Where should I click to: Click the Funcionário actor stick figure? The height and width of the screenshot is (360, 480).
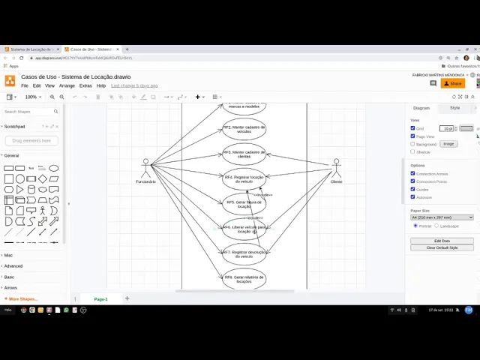tap(146, 168)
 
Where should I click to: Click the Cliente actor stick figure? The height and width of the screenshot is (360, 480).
tap(336, 168)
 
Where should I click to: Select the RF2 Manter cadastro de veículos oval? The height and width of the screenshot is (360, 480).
tap(244, 128)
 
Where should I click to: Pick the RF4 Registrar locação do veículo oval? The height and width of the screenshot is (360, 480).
tap(244, 178)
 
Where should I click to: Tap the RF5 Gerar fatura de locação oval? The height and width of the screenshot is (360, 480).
tap(244, 204)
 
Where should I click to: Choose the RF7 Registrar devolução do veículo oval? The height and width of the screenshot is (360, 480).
tap(244, 253)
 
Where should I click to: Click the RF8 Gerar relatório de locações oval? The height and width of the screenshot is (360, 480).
tap(244, 279)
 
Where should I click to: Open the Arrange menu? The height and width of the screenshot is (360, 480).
tap(67, 85)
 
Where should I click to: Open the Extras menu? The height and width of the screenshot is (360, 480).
tap(85, 85)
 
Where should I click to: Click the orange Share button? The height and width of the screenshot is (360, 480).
tap(453, 83)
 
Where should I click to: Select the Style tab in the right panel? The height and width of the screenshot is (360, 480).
tap(454, 108)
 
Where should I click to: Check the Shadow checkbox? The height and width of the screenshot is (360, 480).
tap(412, 151)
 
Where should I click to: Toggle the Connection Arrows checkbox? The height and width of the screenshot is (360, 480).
tap(412, 173)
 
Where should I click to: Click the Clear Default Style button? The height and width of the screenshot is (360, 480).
tap(442, 247)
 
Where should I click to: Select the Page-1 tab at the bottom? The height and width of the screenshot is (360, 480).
tap(100, 299)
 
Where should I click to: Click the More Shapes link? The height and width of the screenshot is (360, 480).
tap(22, 298)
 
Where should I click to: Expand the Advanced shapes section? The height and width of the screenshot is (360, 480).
tap(13, 265)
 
